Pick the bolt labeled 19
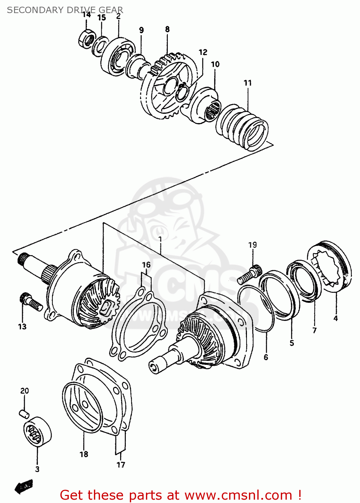[249, 275]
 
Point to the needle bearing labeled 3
[37, 432]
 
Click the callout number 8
[167, 30]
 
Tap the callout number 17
[121, 465]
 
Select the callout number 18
[84, 454]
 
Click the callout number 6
[266, 357]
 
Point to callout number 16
[146, 265]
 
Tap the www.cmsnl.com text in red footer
[238, 495]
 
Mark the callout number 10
[215, 64]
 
